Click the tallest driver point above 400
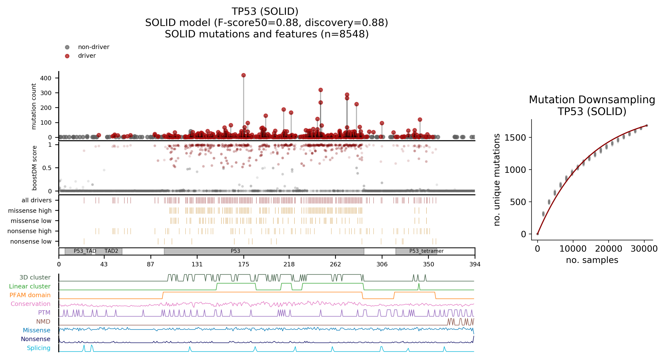coord(243,75)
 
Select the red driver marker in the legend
coord(67,56)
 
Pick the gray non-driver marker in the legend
coord(67,47)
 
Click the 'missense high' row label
coord(30,210)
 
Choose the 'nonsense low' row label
coord(31,241)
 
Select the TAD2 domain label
coord(111,251)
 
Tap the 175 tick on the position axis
coord(243,264)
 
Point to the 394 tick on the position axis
coord(475,264)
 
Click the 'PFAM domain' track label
coord(30,295)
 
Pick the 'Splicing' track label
coord(39,348)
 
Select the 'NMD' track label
coord(43,321)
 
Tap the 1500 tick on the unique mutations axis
coord(515,138)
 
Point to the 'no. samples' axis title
coord(592,260)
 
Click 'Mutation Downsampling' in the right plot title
coord(592,100)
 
